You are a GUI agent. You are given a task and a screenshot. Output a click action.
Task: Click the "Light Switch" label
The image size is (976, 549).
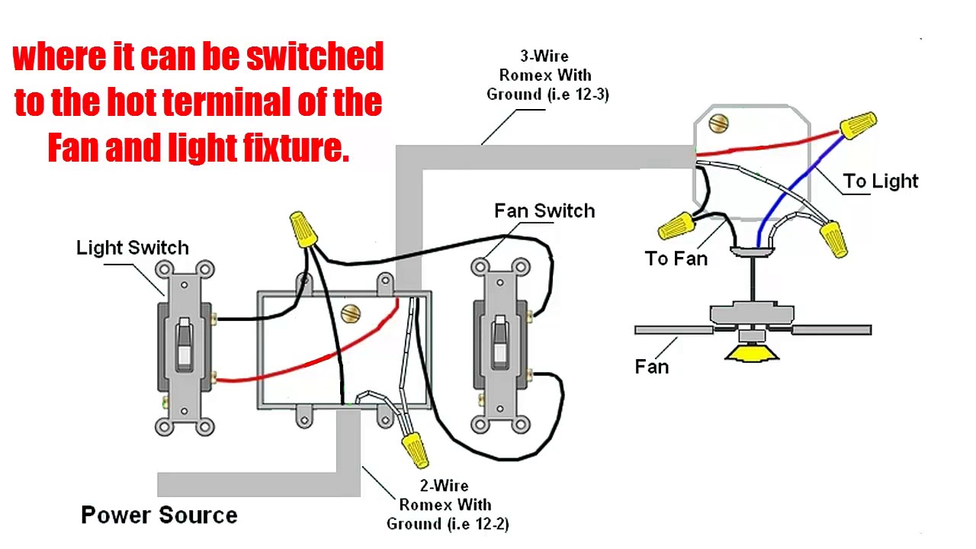click(133, 248)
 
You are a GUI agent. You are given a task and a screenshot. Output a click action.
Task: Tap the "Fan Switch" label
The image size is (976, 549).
click(544, 211)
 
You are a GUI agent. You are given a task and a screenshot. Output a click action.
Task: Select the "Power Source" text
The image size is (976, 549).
click(159, 515)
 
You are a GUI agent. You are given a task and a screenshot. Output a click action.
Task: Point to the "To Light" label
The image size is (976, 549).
click(881, 181)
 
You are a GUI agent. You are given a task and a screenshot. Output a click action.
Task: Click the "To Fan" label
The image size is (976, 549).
click(676, 258)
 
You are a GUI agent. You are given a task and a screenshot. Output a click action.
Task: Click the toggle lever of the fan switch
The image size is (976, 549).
click(499, 342)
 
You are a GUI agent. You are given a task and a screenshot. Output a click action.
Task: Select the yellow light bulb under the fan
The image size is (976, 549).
click(752, 353)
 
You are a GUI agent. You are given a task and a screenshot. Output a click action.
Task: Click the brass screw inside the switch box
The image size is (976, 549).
click(351, 313)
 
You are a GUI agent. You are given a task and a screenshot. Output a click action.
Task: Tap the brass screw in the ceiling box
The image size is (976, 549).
click(718, 124)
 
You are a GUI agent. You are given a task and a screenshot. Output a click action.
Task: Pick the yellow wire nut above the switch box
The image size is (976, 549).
click(303, 229)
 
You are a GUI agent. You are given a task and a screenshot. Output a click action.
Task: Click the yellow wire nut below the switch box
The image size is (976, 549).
click(416, 450)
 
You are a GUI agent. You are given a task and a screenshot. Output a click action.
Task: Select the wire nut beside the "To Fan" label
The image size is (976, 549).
click(676, 226)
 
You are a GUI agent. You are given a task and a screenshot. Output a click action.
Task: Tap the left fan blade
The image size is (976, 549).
click(674, 330)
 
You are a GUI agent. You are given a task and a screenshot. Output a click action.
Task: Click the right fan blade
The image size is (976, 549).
click(832, 330)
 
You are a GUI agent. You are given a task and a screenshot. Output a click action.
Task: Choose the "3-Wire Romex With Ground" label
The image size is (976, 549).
click(547, 75)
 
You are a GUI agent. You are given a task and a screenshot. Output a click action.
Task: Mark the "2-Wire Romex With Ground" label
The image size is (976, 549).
click(447, 505)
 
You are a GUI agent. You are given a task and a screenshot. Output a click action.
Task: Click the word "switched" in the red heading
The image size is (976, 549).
click(315, 56)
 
